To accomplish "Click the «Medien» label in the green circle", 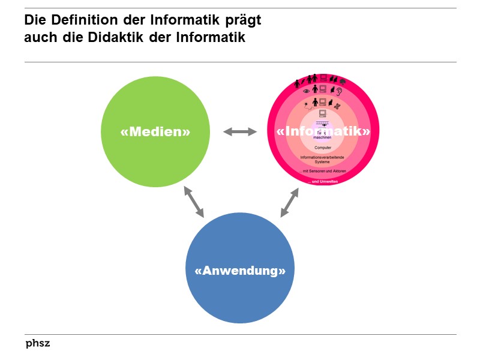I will (155, 131).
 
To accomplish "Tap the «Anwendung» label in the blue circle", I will (240, 270).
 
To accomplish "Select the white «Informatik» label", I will (323, 130).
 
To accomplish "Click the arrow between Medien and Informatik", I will (239, 131).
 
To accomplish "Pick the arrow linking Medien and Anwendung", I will (194, 202).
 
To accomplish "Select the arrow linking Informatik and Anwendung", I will (289, 203).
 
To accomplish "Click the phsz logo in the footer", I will (37, 344).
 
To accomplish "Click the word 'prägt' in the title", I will (244, 20).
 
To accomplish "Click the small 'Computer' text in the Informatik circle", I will (323, 147).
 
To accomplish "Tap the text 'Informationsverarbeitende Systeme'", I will (323, 159).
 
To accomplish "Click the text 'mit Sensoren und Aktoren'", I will (323, 171).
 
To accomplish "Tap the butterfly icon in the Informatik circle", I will (338, 105).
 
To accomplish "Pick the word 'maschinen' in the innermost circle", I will (323, 137).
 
